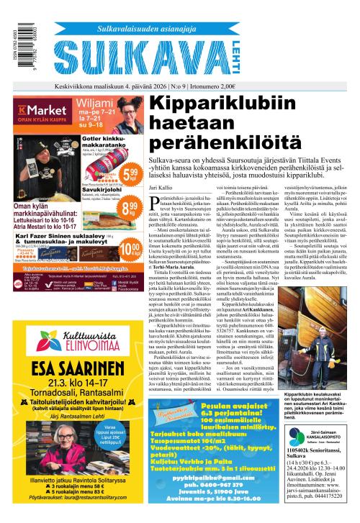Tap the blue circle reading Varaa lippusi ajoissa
pyautogui.click(x=122, y=437)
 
